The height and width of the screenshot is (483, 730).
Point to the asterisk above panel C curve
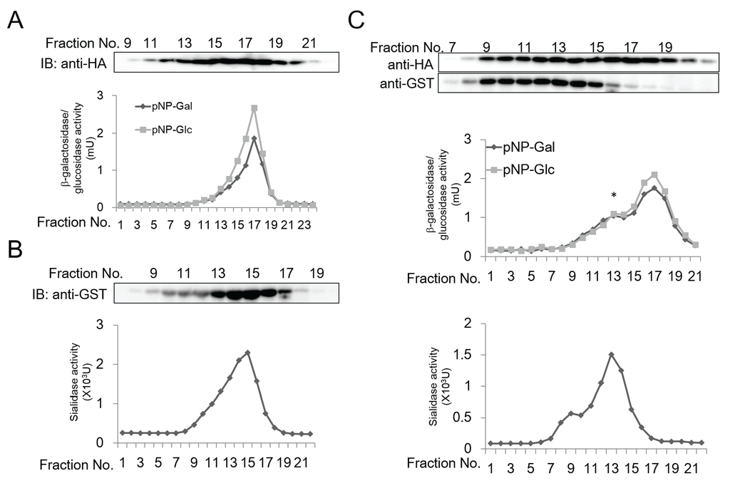pyautogui.click(x=613, y=195)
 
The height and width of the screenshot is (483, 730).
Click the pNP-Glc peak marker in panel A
pyautogui.click(x=254, y=108)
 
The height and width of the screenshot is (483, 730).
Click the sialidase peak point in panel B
pyautogui.click(x=247, y=353)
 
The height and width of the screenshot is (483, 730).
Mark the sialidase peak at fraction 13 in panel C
pyautogui.click(x=611, y=354)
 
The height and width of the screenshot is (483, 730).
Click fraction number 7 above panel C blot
pyautogui.click(x=451, y=48)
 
